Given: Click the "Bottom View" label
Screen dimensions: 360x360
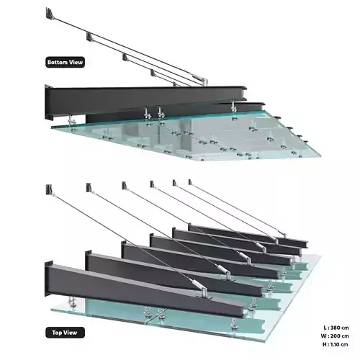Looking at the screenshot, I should tap(65, 62).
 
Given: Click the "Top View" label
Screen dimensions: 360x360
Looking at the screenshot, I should tap(64, 333).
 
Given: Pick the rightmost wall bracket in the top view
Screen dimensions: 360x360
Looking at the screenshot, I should tap(190, 183).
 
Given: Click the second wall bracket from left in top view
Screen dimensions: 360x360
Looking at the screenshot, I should tap(89, 188).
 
